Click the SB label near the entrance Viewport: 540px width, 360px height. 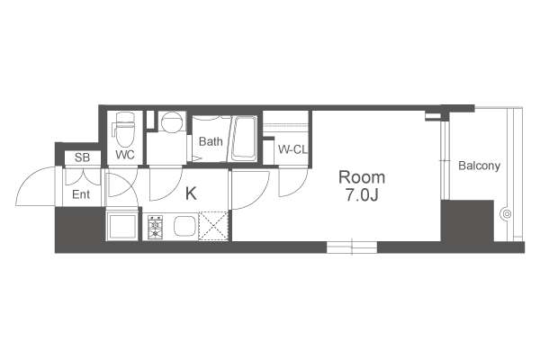click(x=82, y=157)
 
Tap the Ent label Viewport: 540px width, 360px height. click(x=81, y=194)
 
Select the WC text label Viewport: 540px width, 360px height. click(x=125, y=155)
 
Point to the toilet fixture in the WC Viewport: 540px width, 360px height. click(x=125, y=130)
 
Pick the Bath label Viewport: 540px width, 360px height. click(x=211, y=141)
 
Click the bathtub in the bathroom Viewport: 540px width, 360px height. click(x=244, y=139)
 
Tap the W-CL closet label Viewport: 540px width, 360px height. click(x=292, y=150)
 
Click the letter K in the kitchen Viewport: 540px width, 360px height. click(x=191, y=193)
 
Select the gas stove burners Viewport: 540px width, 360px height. click(x=155, y=227)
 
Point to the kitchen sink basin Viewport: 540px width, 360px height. click(x=184, y=226)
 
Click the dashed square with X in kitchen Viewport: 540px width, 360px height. click(x=213, y=226)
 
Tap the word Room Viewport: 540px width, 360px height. click(x=362, y=177)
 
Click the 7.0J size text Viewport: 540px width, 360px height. click(x=362, y=195)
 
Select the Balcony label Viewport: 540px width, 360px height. click(x=479, y=166)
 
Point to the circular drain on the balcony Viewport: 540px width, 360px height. click(x=506, y=214)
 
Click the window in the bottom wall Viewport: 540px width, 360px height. click(x=352, y=247)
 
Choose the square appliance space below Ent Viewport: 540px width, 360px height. click(x=122, y=226)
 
